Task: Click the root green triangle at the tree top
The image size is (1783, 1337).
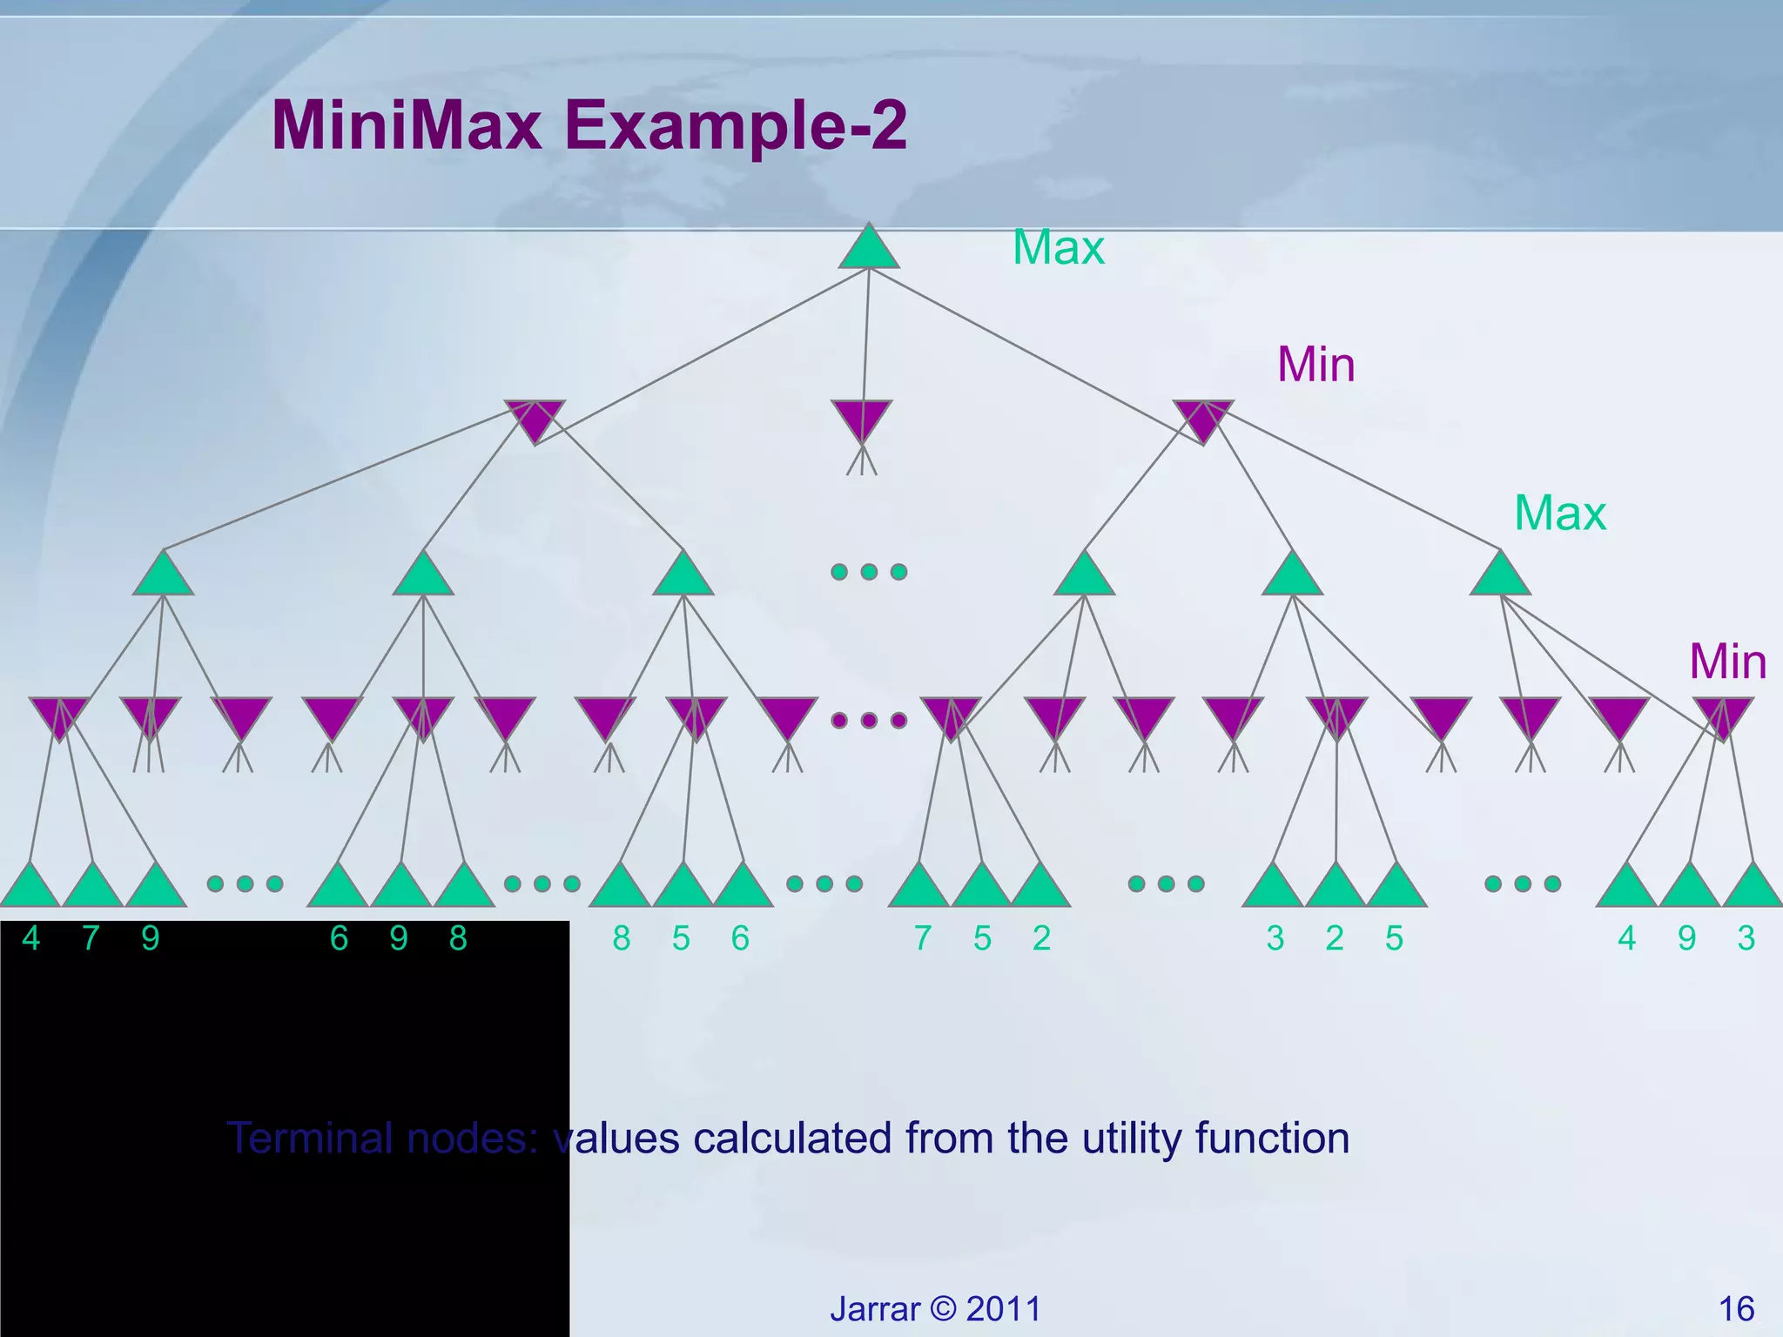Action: coord(868,249)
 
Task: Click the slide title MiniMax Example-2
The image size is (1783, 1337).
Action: coord(589,125)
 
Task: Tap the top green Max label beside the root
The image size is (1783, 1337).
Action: coord(1058,248)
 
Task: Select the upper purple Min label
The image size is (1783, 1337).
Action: coord(1315,365)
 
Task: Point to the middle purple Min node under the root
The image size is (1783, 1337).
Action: coord(861,419)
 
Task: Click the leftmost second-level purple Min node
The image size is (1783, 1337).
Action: coord(535,419)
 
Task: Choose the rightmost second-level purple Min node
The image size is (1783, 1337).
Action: coord(1202,419)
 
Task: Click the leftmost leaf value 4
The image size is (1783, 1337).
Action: coord(31,938)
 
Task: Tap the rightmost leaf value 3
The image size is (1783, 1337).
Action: coord(1746,938)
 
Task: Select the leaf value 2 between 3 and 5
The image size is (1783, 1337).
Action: coord(1335,938)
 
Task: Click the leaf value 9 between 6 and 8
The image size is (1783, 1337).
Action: coord(399,938)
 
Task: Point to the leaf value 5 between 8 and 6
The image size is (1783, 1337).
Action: coord(681,938)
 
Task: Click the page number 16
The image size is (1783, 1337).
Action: coord(1736,1309)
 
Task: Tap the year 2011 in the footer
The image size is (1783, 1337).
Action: coord(1003,1309)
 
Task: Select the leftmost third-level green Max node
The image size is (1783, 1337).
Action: coord(163,576)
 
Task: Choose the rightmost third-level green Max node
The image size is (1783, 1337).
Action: coord(1500,576)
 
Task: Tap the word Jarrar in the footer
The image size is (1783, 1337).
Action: coord(874,1309)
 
